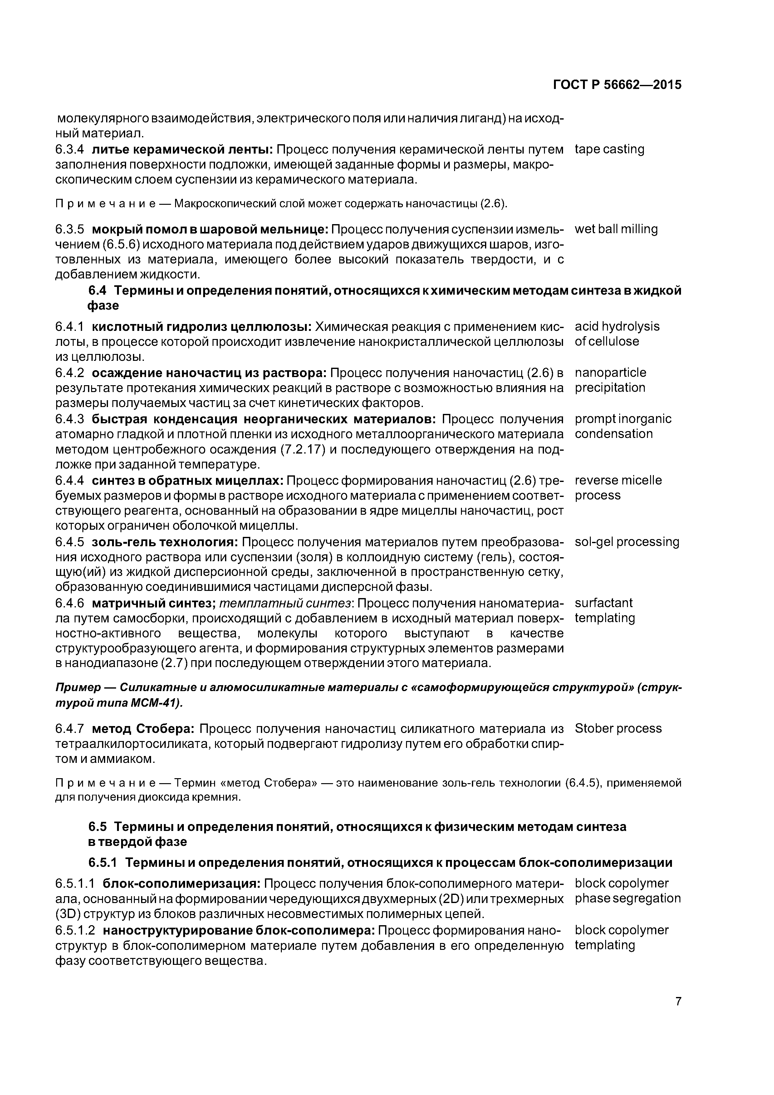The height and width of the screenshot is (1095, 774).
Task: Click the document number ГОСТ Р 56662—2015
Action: point(617,85)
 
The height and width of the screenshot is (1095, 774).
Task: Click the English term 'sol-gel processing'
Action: point(627,542)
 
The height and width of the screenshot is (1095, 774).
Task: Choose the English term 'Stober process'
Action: point(618,728)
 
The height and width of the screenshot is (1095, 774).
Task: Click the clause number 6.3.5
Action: point(70,229)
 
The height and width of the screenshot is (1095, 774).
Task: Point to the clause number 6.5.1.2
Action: point(75,930)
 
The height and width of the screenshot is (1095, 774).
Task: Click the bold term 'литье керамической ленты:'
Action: point(182,150)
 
